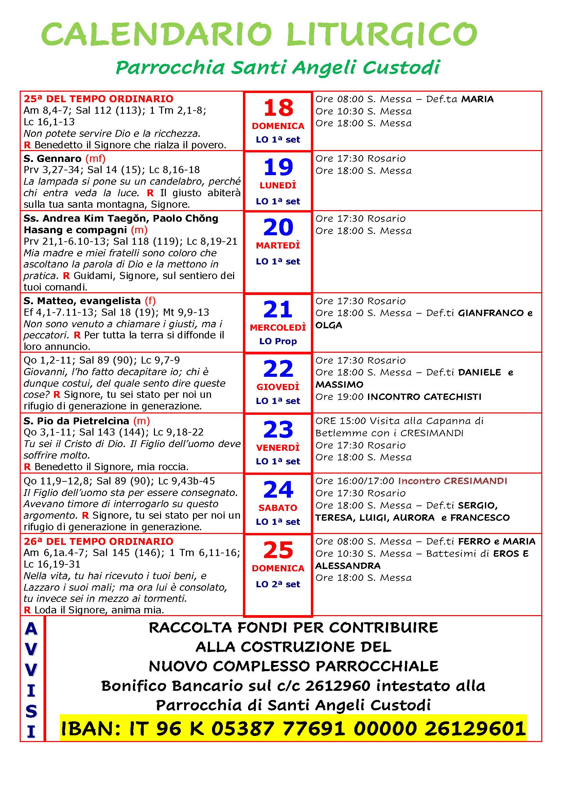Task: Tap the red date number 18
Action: [x=278, y=108]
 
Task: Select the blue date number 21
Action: [x=278, y=309]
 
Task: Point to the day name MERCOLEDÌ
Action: [x=278, y=328]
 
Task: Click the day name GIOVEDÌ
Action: [x=278, y=387]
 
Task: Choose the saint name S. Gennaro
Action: [x=52, y=159]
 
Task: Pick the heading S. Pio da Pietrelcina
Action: [x=76, y=421]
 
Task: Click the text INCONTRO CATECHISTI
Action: [x=424, y=396]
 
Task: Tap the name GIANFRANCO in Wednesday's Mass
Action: [x=491, y=313]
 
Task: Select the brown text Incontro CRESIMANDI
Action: [x=452, y=481]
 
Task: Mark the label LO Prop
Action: [x=278, y=341]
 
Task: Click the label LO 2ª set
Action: [x=278, y=584]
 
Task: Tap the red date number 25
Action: [x=278, y=550]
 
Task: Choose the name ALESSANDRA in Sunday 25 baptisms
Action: [x=348, y=566]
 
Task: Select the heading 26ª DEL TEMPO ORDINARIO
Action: [x=98, y=541]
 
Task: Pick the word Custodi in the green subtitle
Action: [x=401, y=68]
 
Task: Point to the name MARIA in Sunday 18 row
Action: [x=477, y=99]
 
